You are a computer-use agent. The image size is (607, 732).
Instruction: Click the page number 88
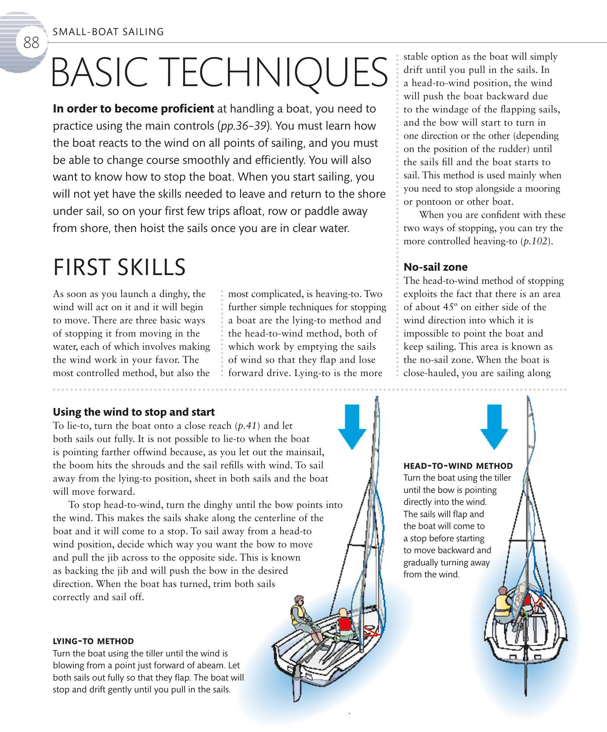pyautogui.click(x=31, y=43)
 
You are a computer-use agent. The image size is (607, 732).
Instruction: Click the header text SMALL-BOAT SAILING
pyautogui.click(x=108, y=32)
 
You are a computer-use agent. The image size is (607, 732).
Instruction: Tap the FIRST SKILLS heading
pyautogui.click(x=119, y=267)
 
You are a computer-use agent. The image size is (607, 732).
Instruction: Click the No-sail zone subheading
pyautogui.click(x=435, y=267)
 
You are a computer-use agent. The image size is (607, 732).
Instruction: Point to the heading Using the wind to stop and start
pyautogui.click(x=134, y=412)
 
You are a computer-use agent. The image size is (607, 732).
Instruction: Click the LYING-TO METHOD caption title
pyautogui.click(x=93, y=641)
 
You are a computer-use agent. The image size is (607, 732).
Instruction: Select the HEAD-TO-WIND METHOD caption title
pyautogui.click(x=458, y=465)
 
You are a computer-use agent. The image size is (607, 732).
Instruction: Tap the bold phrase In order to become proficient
pyautogui.click(x=133, y=109)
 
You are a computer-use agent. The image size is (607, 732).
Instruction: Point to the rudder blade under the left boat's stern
pyautogui.click(x=298, y=685)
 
